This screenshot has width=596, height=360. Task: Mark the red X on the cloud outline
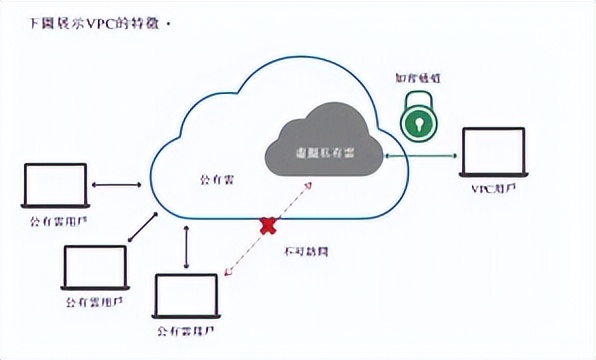(x=267, y=225)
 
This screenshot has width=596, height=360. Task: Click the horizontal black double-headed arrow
(x=117, y=184)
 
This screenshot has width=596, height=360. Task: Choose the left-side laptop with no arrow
(x=94, y=264)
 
